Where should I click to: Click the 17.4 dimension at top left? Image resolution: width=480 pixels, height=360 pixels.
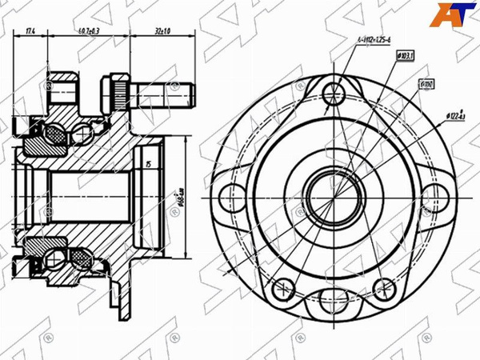[30, 30]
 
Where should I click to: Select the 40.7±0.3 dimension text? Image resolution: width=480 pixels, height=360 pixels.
[89, 30]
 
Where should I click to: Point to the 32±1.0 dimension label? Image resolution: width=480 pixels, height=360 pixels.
[163, 30]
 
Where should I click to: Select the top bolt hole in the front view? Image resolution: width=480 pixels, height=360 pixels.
[335, 89]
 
